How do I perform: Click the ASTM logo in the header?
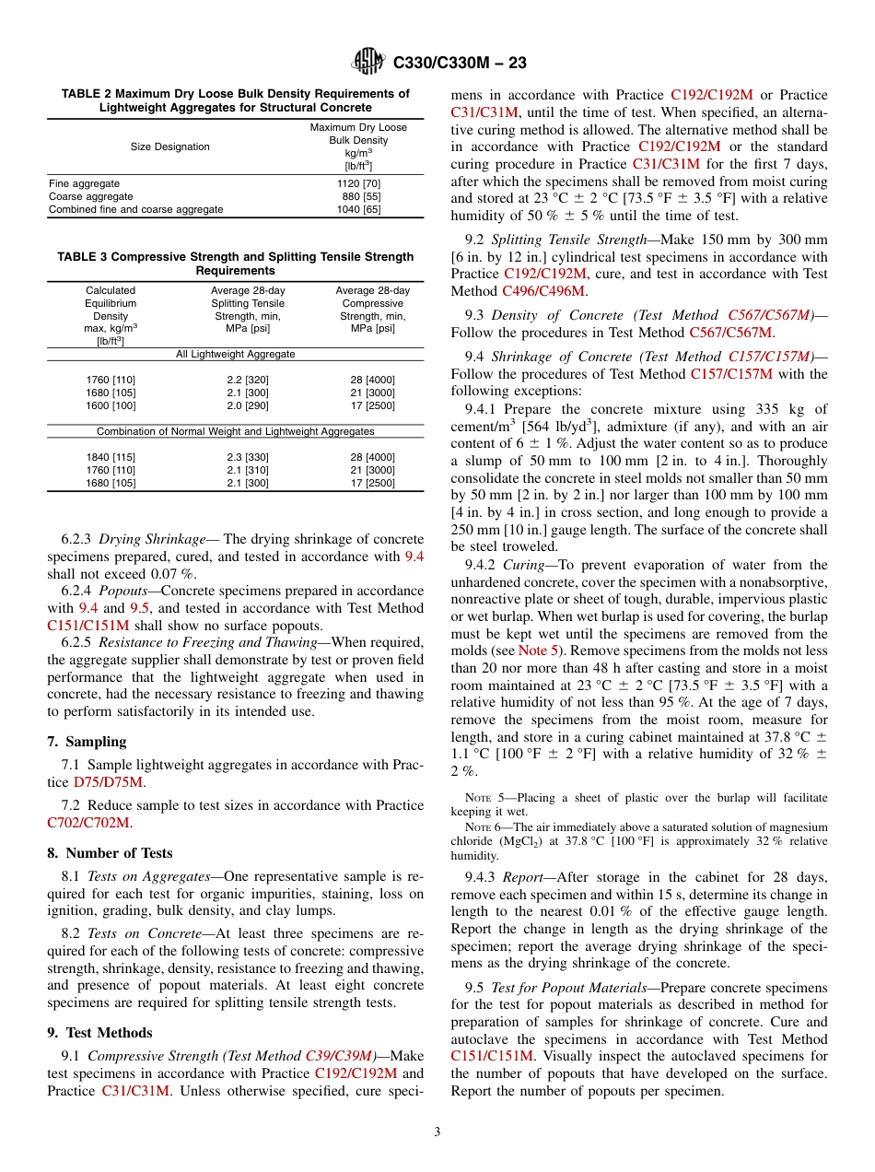(x=369, y=63)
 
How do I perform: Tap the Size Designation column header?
(x=169, y=146)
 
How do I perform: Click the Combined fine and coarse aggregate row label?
(x=135, y=209)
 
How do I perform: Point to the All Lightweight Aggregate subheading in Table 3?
(x=235, y=354)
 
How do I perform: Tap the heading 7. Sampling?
(x=87, y=741)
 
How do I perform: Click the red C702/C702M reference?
(x=88, y=822)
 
